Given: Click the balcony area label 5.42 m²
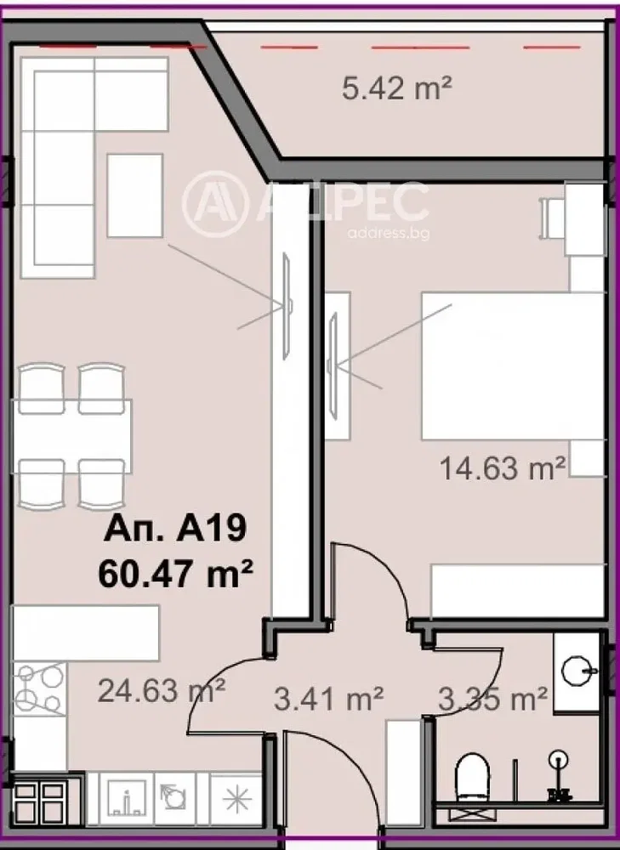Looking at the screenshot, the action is pyautogui.click(x=397, y=88).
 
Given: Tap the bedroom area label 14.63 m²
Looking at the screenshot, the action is pyautogui.click(x=503, y=467).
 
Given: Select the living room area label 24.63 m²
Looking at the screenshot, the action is pyautogui.click(x=162, y=691).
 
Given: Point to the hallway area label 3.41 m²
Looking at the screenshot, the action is pyautogui.click(x=329, y=700).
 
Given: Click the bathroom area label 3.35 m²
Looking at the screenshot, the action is pyautogui.click(x=492, y=700).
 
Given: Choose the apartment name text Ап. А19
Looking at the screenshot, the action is pyautogui.click(x=175, y=528).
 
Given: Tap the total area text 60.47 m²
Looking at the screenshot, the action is pyautogui.click(x=176, y=574).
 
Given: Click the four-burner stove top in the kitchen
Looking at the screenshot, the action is pyautogui.click(x=39, y=688).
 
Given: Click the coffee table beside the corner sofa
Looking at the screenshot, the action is pyautogui.click(x=135, y=195).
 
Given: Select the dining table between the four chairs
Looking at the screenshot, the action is pyautogui.click(x=72, y=428).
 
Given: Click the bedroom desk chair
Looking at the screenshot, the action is pyautogui.click(x=551, y=218).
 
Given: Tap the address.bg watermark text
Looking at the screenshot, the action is pyautogui.click(x=389, y=233).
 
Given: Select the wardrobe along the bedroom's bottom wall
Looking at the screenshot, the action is pyautogui.click(x=517, y=591).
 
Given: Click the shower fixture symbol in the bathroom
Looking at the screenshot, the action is pyautogui.click(x=558, y=776).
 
